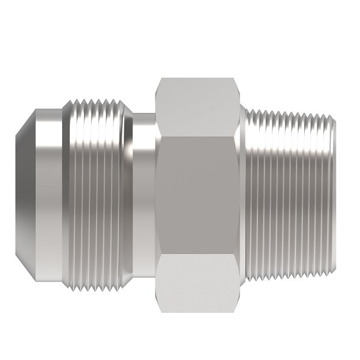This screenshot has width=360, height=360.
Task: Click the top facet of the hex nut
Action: pos(199,107)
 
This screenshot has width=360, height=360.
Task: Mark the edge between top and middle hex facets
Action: pos(199,136)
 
